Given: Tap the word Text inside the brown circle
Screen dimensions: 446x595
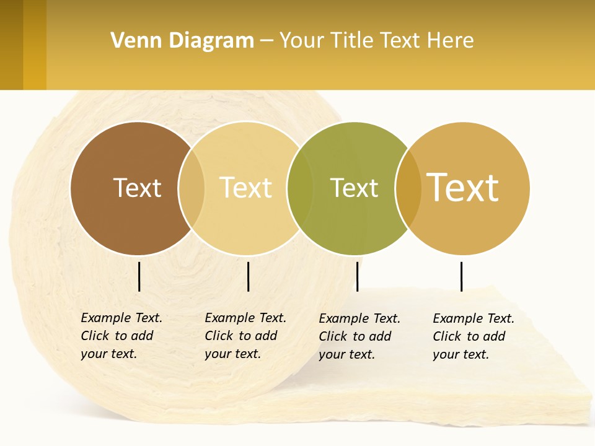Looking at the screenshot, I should point(137,188).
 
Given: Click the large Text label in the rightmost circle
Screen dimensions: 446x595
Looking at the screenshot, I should point(462,187).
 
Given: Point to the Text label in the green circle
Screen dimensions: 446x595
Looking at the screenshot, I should point(354,188).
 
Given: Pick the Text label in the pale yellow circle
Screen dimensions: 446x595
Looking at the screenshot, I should point(246,188).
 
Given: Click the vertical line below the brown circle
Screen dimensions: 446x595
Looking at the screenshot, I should point(139,276).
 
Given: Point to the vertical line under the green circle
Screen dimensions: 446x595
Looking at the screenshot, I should point(358,276).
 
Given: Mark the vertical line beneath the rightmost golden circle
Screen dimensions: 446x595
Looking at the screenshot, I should point(462,276).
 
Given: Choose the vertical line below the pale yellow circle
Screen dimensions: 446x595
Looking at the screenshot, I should point(249,276).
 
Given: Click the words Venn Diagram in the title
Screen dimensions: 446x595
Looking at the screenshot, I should point(182,41).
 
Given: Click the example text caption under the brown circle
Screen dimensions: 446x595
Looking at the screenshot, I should point(121,336).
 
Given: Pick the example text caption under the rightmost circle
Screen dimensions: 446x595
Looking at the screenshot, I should point(474,336).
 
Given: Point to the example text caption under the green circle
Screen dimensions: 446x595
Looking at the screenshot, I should point(359,336).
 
